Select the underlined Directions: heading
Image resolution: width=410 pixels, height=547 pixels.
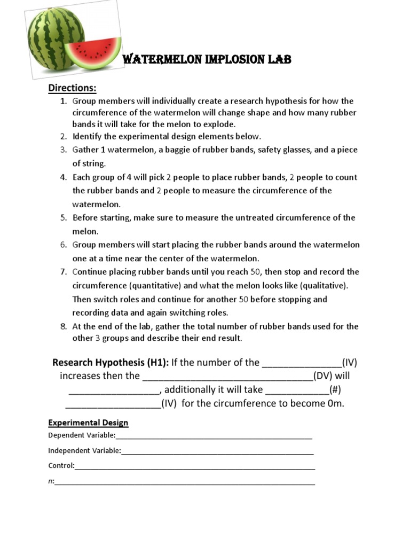point(73,88)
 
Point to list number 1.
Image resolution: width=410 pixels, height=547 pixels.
point(63,101)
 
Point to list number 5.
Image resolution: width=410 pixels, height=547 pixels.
point(63,218)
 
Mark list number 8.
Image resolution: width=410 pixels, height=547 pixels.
point(63,326)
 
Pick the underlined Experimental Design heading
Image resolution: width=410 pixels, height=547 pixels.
point(88,423)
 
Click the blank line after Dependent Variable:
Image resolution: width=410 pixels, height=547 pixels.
point(214,436)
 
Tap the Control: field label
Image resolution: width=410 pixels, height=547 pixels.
point(61,465)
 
